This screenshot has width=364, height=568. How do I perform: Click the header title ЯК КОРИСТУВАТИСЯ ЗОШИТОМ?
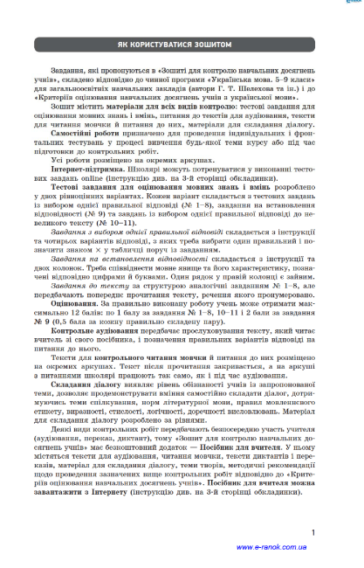click(182, 43)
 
